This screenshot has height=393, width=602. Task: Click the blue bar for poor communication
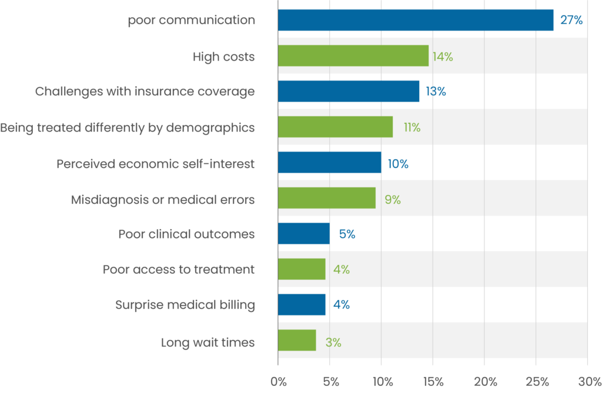(x=415, y=21)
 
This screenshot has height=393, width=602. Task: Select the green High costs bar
(x=353, y=56)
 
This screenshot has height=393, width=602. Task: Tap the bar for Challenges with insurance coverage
(x=348, y=92)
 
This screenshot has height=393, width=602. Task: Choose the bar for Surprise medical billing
(x=301, y=305)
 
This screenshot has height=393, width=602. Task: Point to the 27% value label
(x=571, y=21)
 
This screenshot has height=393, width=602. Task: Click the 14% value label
(x=443, y=57)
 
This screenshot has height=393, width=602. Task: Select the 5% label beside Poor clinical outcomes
(x=347, y=234)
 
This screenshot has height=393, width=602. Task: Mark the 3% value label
(x=333, y=342)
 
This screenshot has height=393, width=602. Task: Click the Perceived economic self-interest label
(x=156, y=164)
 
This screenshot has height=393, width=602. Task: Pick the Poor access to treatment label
(x=179, y=270)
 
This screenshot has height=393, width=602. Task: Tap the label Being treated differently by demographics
(x=128, y=127)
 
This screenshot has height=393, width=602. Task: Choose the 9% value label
(x=393, y=200)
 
